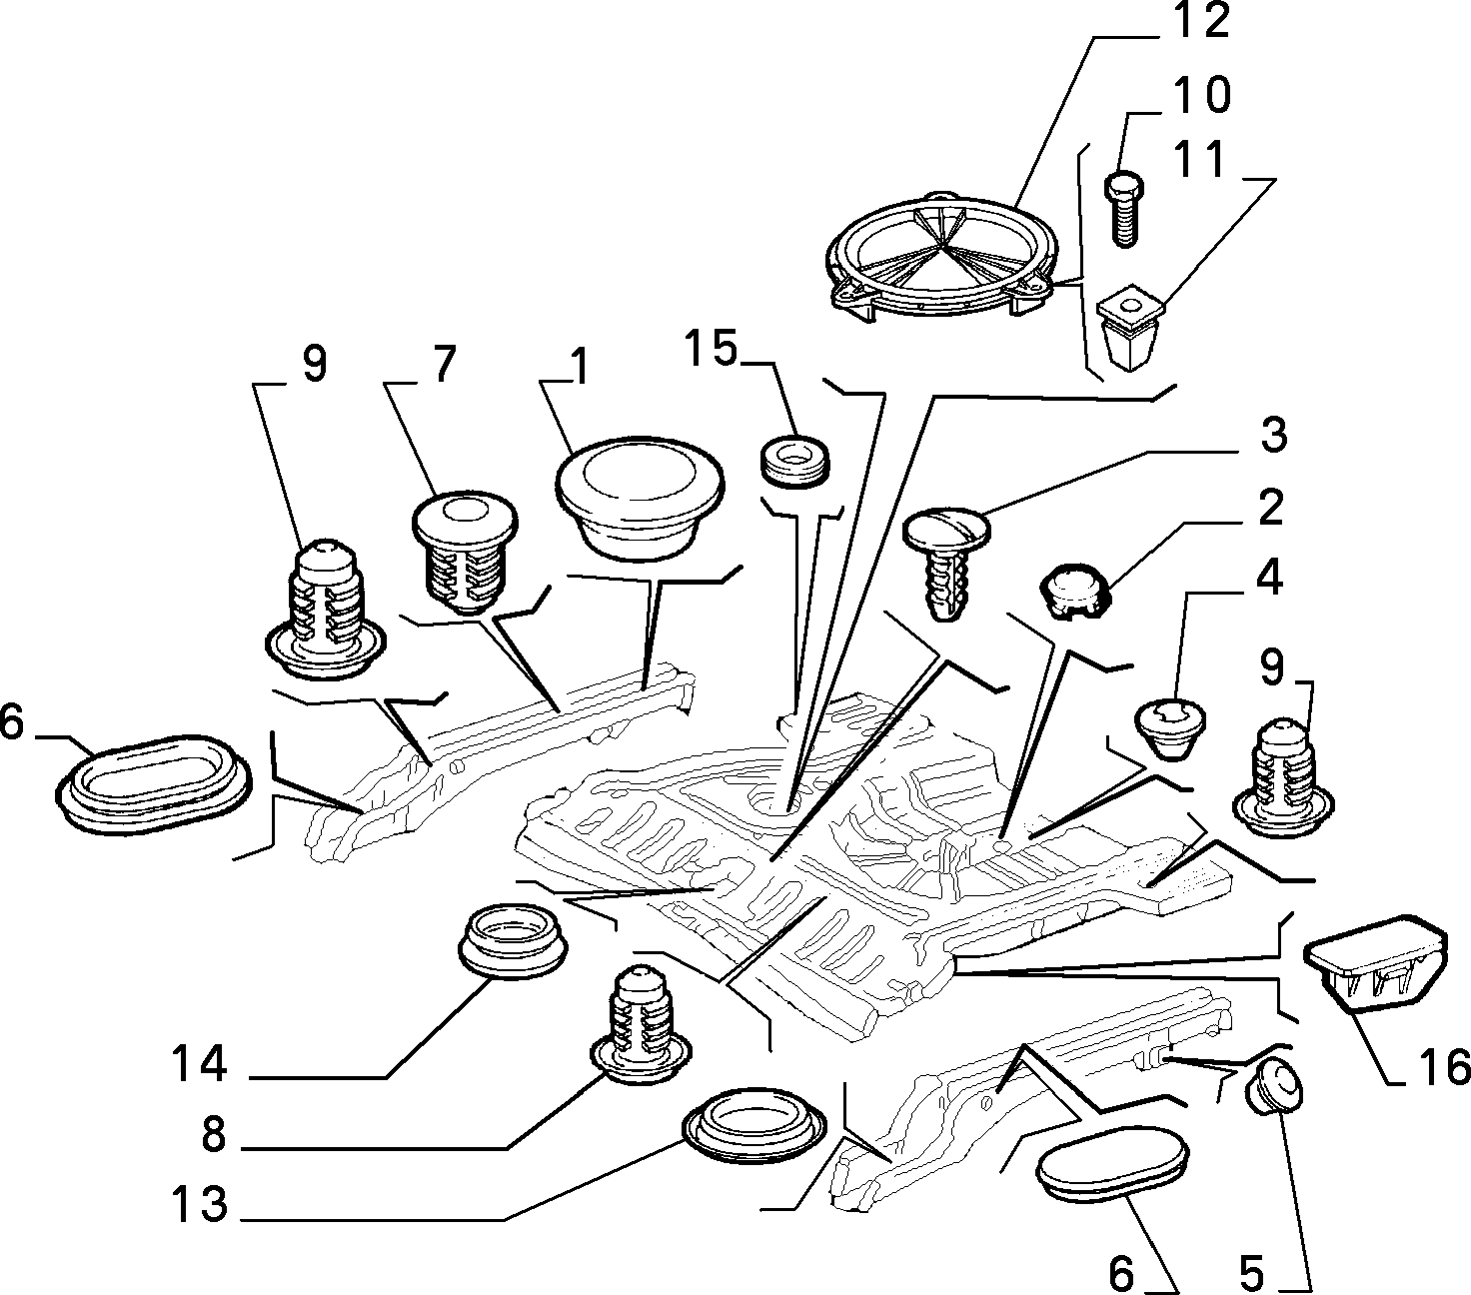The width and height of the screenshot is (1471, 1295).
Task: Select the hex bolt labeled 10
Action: point(1124,208)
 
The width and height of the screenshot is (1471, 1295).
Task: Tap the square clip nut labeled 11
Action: point(1131,328)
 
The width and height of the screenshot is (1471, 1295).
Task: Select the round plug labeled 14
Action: point(513,939)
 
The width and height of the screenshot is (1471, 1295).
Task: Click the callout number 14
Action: point(200,1064)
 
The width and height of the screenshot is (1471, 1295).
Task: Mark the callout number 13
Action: point(200,1202)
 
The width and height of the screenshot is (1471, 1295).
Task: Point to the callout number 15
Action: point(711,348)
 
